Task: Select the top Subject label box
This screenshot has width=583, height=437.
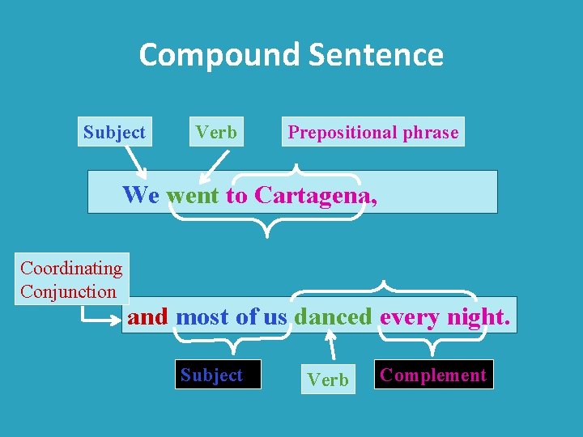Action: pos(114,132)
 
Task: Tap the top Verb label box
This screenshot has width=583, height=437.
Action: pos(216,132)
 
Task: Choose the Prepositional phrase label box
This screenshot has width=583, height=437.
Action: pos(373,133)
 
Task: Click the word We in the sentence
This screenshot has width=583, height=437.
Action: pos(141,195)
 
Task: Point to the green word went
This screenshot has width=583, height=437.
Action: pos(193,195)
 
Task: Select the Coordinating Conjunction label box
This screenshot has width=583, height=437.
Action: pos(71,279)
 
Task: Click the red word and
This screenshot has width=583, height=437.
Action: pos(147,316)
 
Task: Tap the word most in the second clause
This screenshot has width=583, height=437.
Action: pos(202,316)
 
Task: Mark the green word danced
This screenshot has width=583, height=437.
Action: pos(334,316)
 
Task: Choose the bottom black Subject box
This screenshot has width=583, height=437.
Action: pos(211,375)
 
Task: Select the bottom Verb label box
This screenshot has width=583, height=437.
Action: pos(328,379)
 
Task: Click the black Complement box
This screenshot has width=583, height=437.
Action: pos(433,375)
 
